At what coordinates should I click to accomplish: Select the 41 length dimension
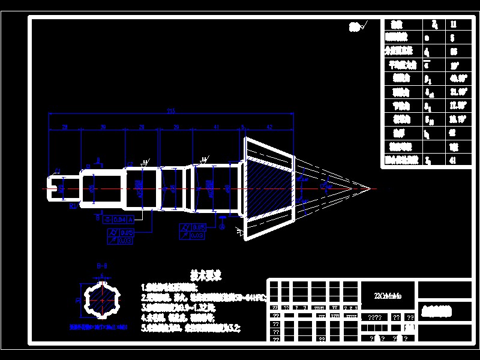pyautogui.click(x=217, y=127)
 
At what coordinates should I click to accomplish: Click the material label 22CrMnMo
pyautogui.click(x=388, y=296)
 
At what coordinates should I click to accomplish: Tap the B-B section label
pyautogui.click(x=101, y=265)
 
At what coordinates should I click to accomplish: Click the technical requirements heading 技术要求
pyautogui.click(x=206, y=275)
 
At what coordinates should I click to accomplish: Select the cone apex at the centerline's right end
pyautogui.click(x=370, y=188)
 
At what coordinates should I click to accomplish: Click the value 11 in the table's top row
pyautogui.click(x=453, y=25)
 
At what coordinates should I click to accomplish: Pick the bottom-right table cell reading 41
pyautogui.click(x=453, y=160)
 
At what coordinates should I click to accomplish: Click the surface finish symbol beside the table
pyautogui.click(x=358, y=26)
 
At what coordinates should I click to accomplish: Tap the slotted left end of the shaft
pyautogui.click(x=56, y=188)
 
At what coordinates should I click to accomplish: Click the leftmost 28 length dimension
pyautogui.click(x=64, y=127)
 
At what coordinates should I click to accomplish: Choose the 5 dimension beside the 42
pyautogui.click(x=242, y=127)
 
